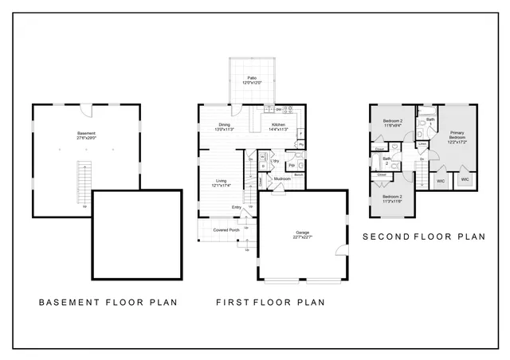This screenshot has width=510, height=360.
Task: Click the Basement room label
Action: (x=86, y=135)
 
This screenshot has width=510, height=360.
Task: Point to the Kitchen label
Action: (x=278, y=126)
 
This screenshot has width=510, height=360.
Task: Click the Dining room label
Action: (x=225, y=126)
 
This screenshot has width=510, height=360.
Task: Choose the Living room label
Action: (x=221, y=182)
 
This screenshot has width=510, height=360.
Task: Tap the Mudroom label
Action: (x=281, y=179)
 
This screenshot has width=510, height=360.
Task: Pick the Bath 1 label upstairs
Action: (x=430, y=123)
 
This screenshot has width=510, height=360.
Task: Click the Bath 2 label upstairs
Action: (x=386, y=161)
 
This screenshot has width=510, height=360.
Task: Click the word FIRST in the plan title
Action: (x=233, y=303)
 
